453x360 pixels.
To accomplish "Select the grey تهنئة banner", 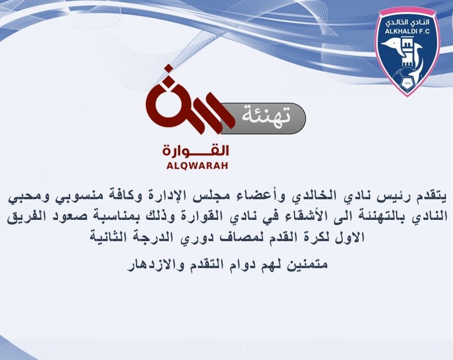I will [264, 118].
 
